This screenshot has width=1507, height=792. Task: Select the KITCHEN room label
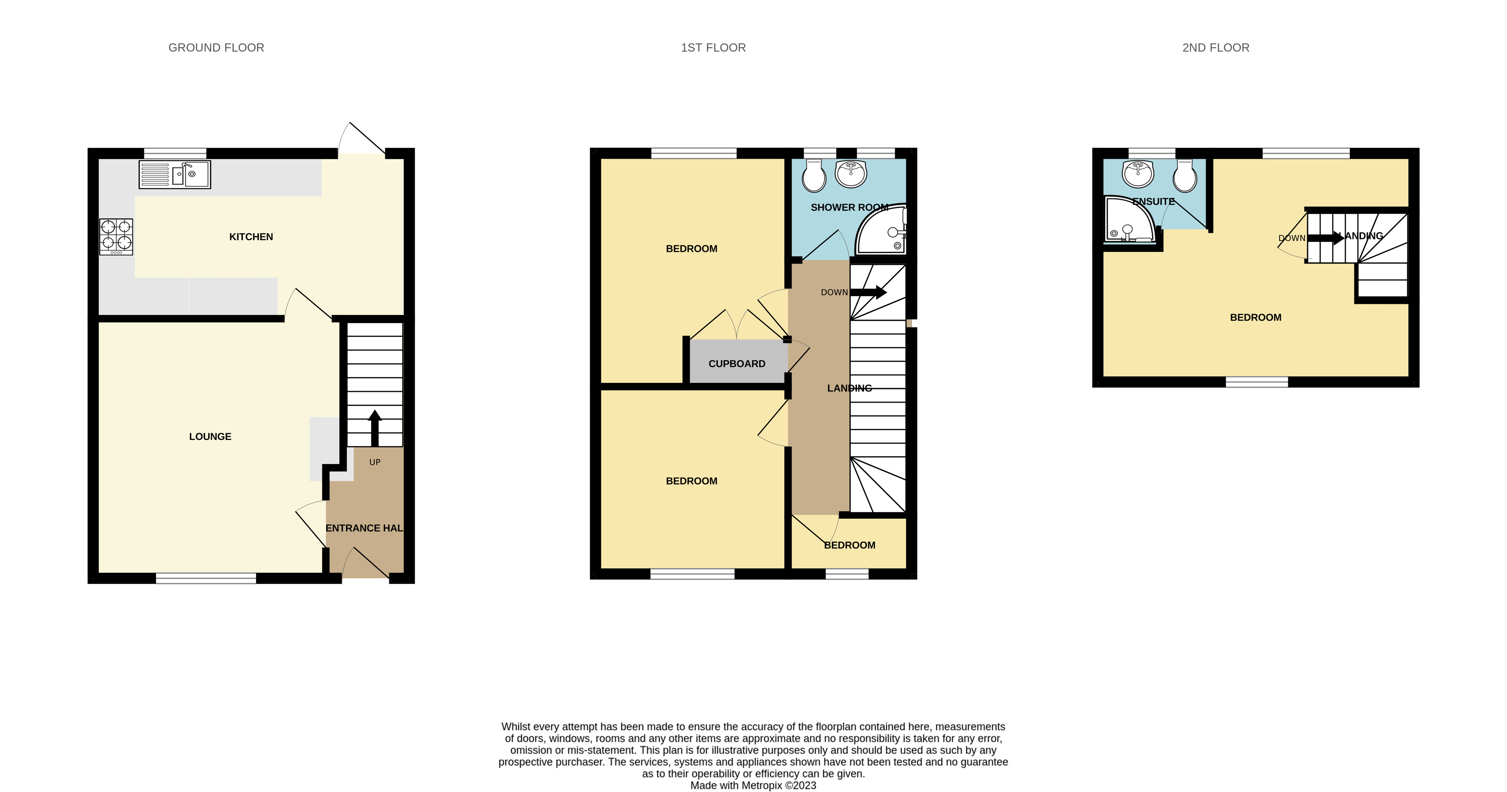pyautogui.click(x=251, y=237)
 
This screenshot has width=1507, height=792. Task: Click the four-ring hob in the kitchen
pyautogui.click(x=116, y=236)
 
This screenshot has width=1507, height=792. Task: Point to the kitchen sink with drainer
pyautogui.click(x=174, y=174)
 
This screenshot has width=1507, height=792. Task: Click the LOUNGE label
pyautogui.click(x=210, y=436)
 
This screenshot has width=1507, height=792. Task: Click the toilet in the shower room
pyautogui.click(x=814, y=176)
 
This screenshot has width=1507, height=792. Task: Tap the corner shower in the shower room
pyautogui.click(x=882, y=232)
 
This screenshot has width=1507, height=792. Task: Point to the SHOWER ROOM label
pyautogui.click(x=849, y=208)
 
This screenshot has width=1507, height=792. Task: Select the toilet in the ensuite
pyautogui.click(x=1185, y=176)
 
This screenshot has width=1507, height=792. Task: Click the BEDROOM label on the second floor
pyautogui.click(x=1256, y=318)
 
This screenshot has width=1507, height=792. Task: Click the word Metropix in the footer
pyautogui.click(x=762, y=786)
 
